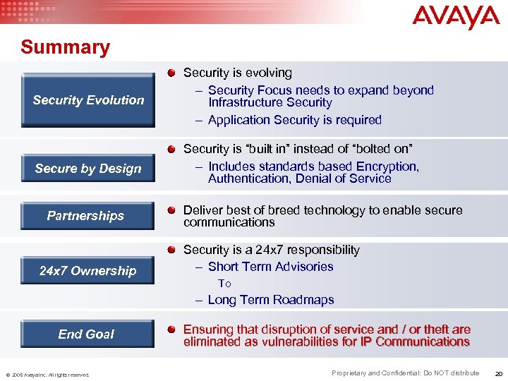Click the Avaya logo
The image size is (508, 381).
[455, 16]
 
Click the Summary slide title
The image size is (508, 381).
[66, 47]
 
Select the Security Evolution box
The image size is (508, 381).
[88, 100]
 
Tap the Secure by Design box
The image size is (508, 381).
[88, 169]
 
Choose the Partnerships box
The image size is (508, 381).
[86, 216]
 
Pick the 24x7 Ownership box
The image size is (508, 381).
[88, 271]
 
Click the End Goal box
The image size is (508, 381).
[86, 334]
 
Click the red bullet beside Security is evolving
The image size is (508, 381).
[172, 73]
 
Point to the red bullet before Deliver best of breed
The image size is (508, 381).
[172, 210]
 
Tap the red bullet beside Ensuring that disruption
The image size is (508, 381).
[172, 329]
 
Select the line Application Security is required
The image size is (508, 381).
[294, 120]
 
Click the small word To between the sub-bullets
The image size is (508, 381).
[224, 284]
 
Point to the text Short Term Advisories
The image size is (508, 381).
[270, 267]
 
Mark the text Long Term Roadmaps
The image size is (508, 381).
[270, 300]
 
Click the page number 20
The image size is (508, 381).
[499, 373]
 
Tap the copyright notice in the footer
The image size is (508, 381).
[48, 375]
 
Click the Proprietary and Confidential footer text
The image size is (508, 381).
[405, 373]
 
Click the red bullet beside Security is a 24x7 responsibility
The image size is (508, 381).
[172, 250]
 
